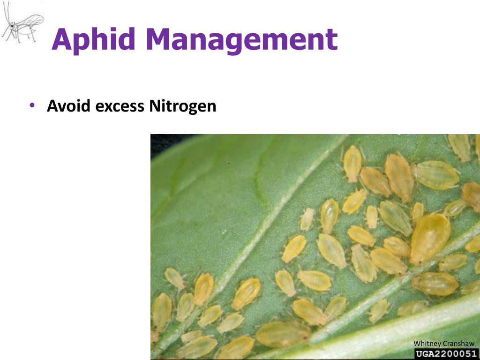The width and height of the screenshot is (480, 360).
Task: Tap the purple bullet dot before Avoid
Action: (x=32, y=105)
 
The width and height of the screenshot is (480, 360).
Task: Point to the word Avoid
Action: (x=69, y=106)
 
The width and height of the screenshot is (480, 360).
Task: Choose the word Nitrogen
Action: (x=183, y=106)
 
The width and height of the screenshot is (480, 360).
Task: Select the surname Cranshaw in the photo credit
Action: (x=458, y=344)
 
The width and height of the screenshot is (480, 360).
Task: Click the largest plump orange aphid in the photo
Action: (x=429, y=238)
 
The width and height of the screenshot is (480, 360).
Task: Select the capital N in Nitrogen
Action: (x=155, y=106)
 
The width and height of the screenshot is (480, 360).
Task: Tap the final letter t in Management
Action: (x=331, y=39)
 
